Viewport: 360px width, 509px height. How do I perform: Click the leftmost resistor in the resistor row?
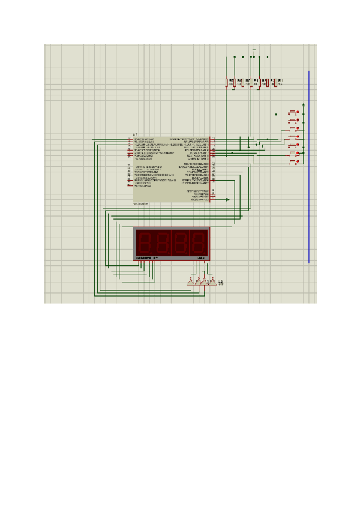point(227,82)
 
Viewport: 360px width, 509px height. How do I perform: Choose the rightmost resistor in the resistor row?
point(276,82)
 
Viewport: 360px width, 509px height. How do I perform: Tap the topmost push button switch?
point(293,112)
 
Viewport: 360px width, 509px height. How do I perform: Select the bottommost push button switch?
point(293,163)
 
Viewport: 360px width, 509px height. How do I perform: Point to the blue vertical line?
point(309,168)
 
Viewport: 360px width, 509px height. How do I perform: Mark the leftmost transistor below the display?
point(191,282)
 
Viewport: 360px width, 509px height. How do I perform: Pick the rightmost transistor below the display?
point(212,282)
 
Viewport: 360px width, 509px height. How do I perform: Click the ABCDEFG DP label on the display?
point(146,258)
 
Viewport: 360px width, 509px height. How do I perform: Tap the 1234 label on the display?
point(200,258)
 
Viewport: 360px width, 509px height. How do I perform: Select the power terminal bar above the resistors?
point(254,50)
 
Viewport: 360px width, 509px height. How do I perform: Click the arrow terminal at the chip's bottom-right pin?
point(227,199)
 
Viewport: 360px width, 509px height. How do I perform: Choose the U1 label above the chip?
point(135,134)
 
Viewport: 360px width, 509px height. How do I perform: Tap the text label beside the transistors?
point(221,282)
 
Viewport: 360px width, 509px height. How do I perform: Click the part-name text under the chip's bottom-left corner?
point(140,204)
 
